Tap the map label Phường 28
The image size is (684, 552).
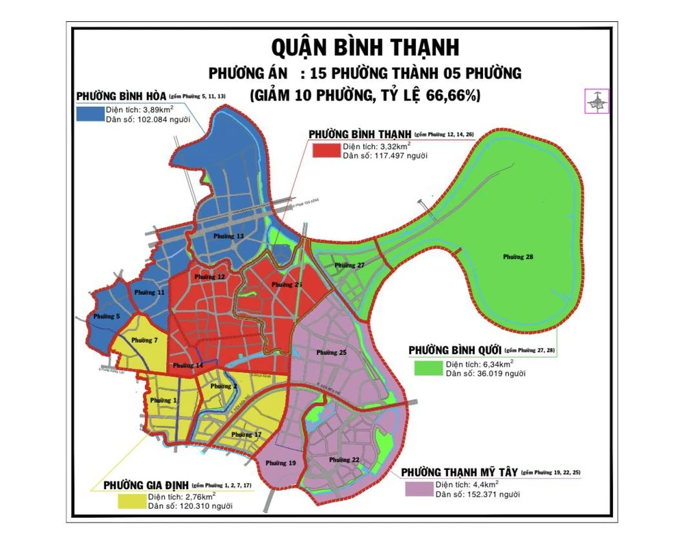(x=518, y=257)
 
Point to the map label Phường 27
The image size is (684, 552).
(x=350, y=265)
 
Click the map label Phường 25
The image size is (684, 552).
(x=332, y=352)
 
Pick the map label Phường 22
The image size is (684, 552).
(x=344, y=459)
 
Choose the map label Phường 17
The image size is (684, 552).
(x=246, y=434)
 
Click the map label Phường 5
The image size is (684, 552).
(x=107, y=316)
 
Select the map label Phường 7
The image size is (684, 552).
(x=145, y=340)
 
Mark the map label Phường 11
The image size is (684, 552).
(x=149, y=292)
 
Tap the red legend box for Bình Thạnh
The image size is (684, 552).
(x=325, y=151)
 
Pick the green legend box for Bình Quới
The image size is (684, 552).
(x=427, y=368)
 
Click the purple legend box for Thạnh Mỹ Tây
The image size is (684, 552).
(x=417, y=489)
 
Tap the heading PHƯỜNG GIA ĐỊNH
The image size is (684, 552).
(x=146, y=485)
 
